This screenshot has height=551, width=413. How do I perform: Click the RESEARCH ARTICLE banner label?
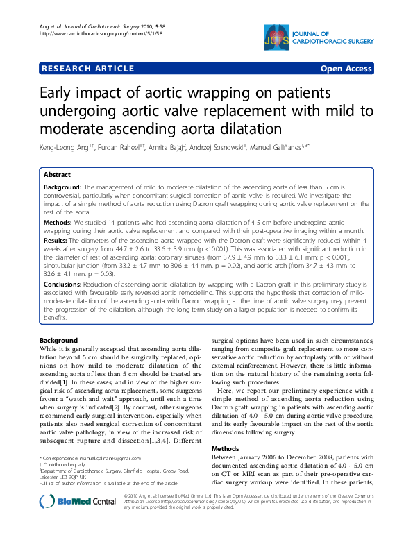(x=88, y=69)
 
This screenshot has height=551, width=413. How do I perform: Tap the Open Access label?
(x=346, y=69)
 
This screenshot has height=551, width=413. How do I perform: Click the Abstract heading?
(x=58, y=176)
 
